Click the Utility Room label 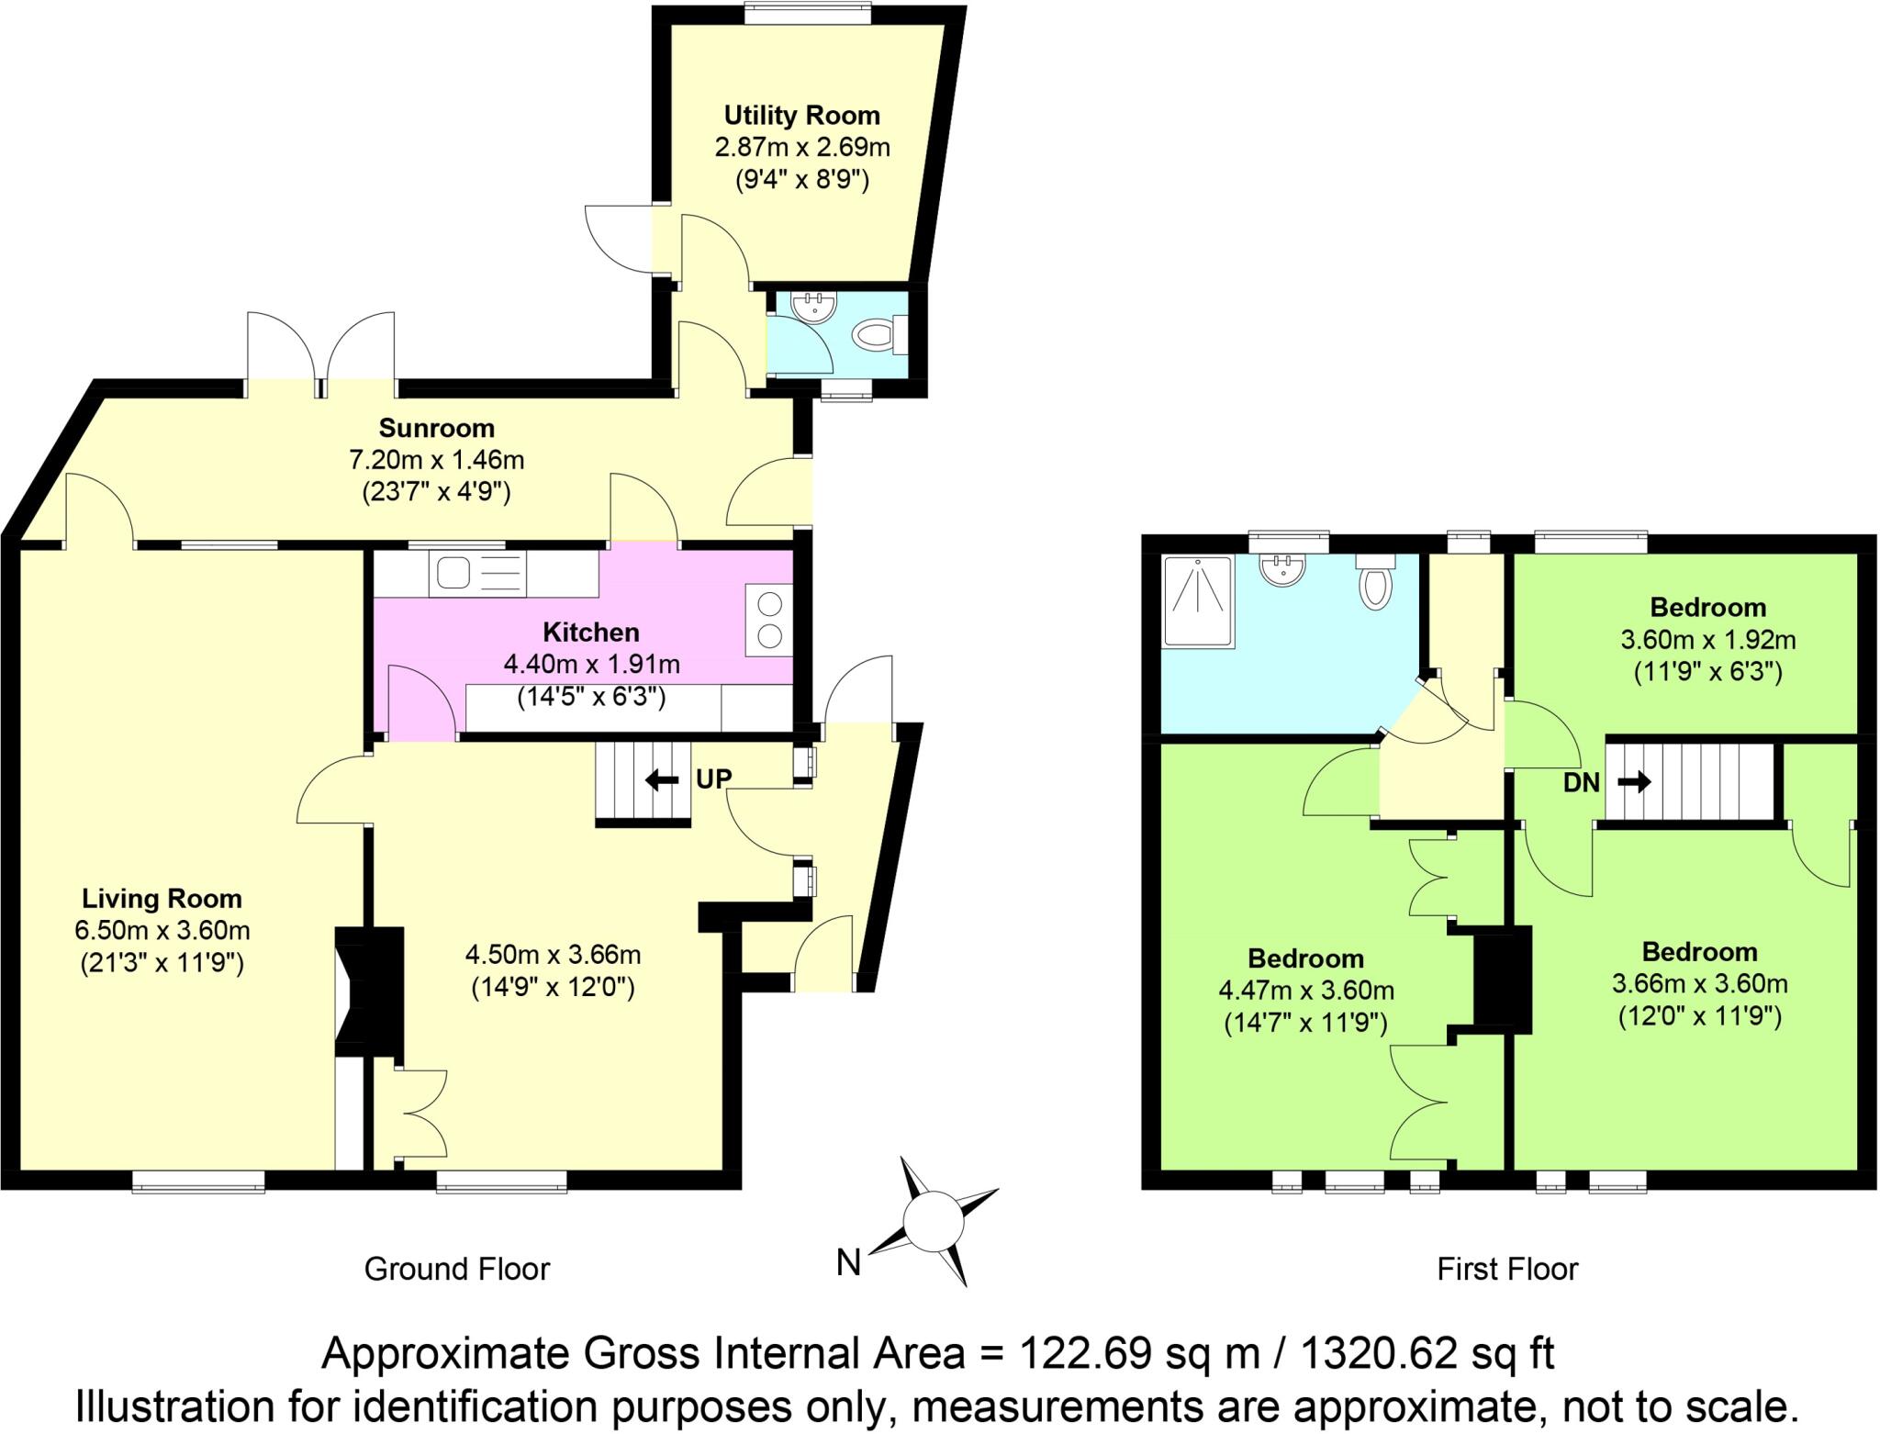pyautogui.click(x=801, y=116)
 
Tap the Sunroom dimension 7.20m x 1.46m pyautogui.click(x=436, y=459)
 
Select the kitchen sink pyautogui.click(x=453, y=574)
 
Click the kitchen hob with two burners pyautogui.click(x=769, y=620)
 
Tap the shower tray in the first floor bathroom pyautogui.click(x=1197, y=601)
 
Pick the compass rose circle pyautogui.click(x=933, y=1221)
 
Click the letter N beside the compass pyautogui.click(x=848, y=1263)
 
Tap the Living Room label pyautogui.click(x=162, y=898)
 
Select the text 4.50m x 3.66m pyautogui.click(x=553, y=955)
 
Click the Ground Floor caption pyautogui.click(x=456, y=1269)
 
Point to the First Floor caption pyautogui.click(x=1506, y=1269)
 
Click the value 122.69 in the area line pyautogui.click(x=1086, y=1353)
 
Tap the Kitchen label pyautogui.click(x=590, y=632)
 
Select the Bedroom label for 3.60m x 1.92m pyautogui.click(x=1707, y=607)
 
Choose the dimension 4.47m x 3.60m pyautogui.click(x=1305, y=991)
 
